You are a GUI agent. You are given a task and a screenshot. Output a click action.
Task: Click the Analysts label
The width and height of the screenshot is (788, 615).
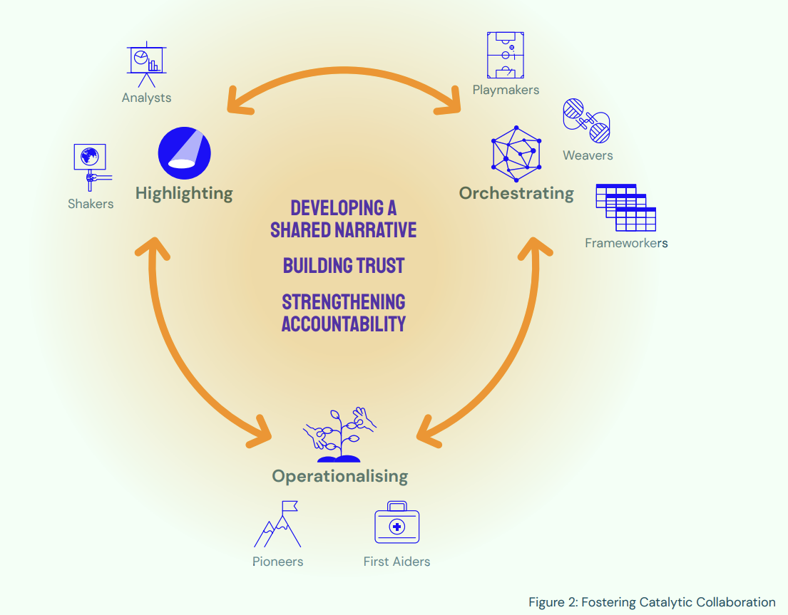pos(146,98)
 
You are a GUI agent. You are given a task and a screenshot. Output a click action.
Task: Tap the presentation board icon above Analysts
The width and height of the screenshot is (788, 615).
pos(148,62)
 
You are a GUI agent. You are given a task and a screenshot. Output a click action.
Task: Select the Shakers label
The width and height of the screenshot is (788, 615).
pos(91,204)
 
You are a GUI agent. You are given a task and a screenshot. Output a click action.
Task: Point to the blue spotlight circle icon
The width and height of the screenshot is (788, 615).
pos(184,152)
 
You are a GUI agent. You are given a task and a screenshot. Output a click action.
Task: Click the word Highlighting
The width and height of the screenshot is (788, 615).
pos(184,193)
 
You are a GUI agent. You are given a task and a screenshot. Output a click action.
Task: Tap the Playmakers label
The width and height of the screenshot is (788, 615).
pos(506,90)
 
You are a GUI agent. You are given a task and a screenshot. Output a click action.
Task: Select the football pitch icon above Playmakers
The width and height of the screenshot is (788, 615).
pos(506,54)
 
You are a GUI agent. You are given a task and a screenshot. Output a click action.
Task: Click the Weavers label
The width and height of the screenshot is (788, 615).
pos(587,155)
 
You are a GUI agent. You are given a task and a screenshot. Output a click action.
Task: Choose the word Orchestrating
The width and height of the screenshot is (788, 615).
pos(516,193)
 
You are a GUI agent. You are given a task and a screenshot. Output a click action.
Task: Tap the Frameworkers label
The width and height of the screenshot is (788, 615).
pos(626,243)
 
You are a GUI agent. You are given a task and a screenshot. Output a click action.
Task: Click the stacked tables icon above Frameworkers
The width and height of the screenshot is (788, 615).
pos(625,207)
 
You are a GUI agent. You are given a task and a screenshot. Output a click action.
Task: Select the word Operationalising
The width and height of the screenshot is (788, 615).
pos(339,476)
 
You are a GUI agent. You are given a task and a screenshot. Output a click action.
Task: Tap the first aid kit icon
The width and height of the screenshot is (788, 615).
pos(396,524)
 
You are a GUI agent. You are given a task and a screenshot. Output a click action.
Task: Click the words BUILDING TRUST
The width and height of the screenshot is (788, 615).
pos(343,266)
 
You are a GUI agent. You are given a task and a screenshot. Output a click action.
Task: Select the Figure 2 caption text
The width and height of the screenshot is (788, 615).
pos(651,602)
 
